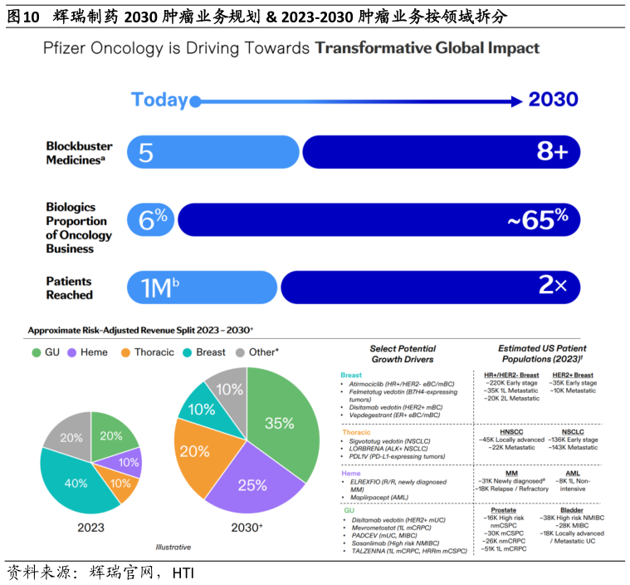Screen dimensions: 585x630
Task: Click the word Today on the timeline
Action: click(160, 101)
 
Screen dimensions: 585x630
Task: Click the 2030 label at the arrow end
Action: click(553, 101)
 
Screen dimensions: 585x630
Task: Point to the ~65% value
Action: click(538, 219)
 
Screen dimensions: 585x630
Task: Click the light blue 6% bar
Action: click(151, 219)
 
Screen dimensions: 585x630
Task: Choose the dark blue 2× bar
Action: click(431, 288)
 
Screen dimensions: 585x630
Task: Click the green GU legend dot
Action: click(36, 352)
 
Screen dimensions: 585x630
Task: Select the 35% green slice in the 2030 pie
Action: click(280, 424)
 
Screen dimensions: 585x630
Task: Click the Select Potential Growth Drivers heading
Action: click(403, 354)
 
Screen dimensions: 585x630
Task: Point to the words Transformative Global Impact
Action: click(427, 47)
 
